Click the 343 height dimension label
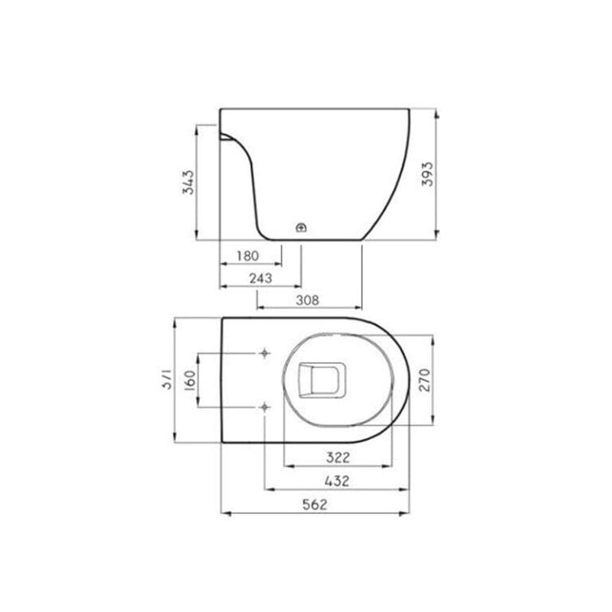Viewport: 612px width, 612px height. point(187,184)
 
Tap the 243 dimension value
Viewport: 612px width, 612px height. point(260,278)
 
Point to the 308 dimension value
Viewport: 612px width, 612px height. point(308,300)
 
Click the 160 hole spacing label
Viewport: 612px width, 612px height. point(189,380)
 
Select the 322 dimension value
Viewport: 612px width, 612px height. point(338,457)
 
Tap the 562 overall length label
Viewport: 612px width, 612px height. point(315,504)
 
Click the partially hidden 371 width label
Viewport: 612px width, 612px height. point(167,380)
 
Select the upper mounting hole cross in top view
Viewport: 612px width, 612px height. point(265,353)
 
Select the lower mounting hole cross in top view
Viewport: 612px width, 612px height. point(265,407)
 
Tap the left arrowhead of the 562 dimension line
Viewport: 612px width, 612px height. point(224,514)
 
